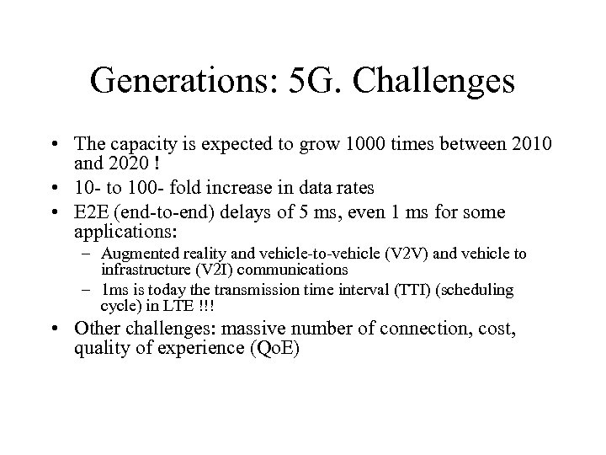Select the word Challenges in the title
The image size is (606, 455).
click(439, 82)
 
